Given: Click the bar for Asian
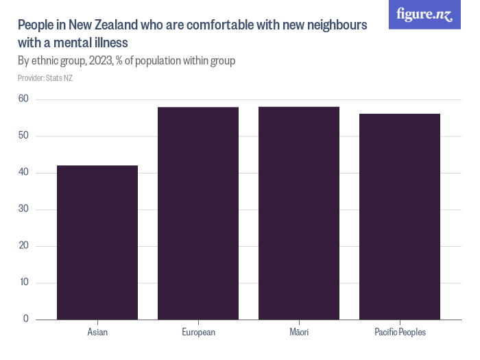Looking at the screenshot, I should click(x=97, y=242).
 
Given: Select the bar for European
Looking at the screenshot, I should click(x=198, y=213).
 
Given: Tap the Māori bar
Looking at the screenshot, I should click(x=299, y=213).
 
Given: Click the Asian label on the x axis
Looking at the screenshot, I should click(x=97, y=333).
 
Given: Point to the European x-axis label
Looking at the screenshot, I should click(x=198, y=333).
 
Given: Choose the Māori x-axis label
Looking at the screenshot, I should click(x=299, y=333).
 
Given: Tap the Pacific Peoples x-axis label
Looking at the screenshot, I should click(x=400, y=333).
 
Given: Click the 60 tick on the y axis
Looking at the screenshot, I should click(x=23, y=99).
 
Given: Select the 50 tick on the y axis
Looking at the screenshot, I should click(x=23, y=136).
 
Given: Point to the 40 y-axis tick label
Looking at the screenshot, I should click(x=23, y=172).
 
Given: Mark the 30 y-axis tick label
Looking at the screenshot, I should click(x=23, y=209).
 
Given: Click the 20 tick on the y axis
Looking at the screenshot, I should click(x=23, y=245).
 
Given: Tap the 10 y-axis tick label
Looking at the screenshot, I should click(x=23, y=283).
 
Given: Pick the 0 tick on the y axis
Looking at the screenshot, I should click(x=26, y=319).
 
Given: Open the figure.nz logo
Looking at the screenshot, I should click(x=424, y=14).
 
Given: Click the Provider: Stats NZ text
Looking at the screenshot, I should click(x=45, y=78).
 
